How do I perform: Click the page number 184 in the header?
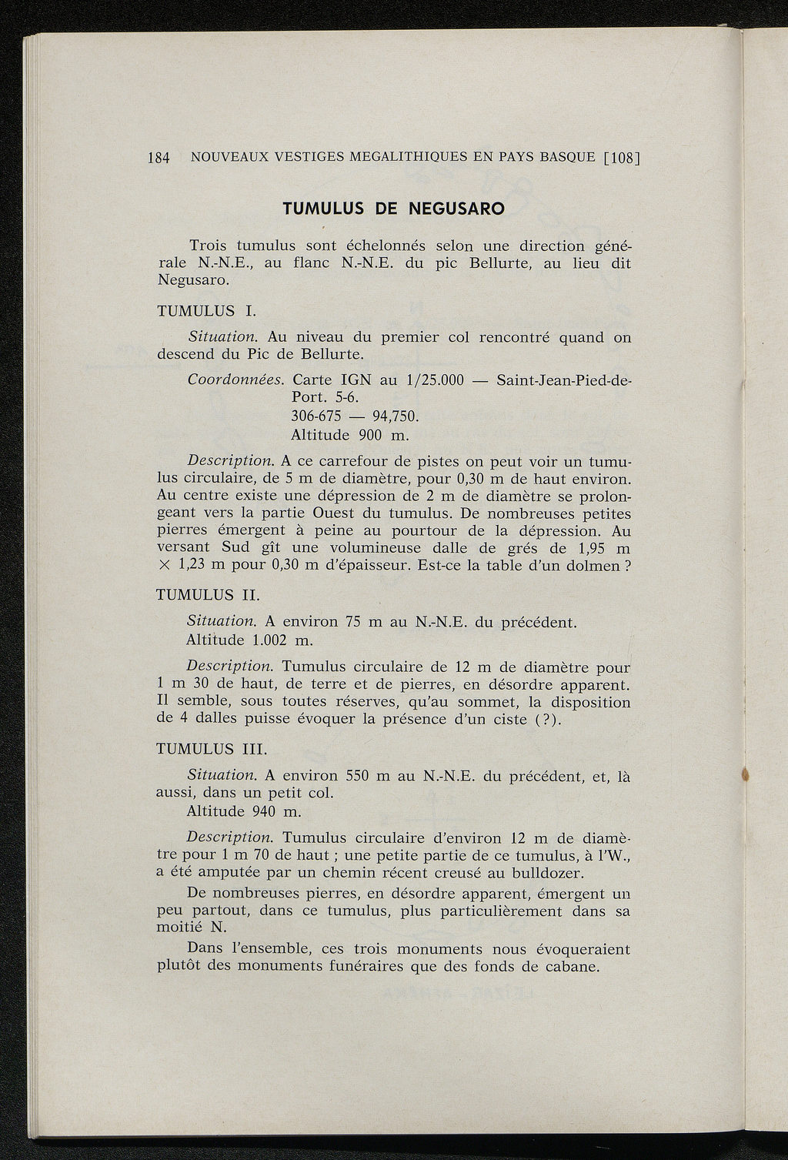click(x=158, y=158)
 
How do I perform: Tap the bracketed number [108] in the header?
click(x=622, y=158)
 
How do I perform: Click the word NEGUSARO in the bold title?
click(x=455, y=209)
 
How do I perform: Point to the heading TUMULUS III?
click(x=212, y=749)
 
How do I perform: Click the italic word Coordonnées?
click(x=236, y=380)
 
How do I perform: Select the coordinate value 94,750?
click(x=395, y=416)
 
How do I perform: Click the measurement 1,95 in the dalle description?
click(x=593, y=548)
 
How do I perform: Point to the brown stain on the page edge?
click(x=744, y=774)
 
